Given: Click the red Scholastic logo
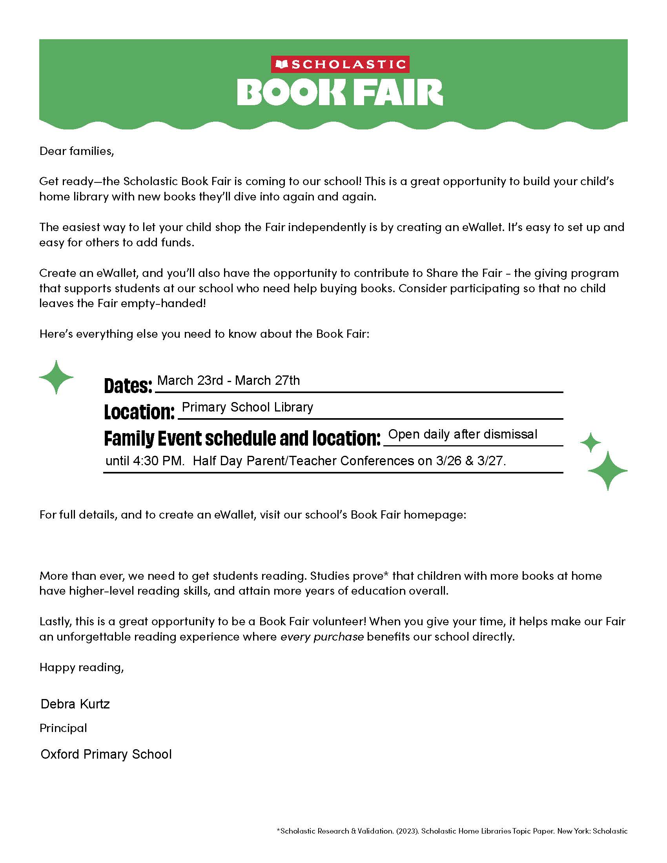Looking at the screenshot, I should pyautogui.click(x=340, y=64).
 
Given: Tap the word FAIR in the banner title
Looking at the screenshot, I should pyautogui.click(x=397, y=93).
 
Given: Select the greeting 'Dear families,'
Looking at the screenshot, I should pyautogui.click(x=77, y=151).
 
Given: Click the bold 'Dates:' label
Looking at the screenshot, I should pyautogui.click(x=128, y=386).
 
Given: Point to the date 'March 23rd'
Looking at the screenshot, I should pyautogui.click(x=190, y=381).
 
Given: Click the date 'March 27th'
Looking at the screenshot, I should pyautogui.click(x=268, y=381).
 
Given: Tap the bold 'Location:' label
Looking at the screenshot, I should pyautogui.click(x=139, y=412).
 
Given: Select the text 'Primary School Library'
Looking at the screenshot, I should pyautogui.click(x=247, y=407).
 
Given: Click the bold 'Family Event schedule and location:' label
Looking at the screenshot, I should pyautogui.click(x=242, y=439).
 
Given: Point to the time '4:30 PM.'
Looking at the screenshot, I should pyautogui.click(x=159, y=461).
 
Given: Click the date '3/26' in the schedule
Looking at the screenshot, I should pyautogui.click(x=448, y=461).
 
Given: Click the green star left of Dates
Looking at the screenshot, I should pyautogui.click(x=56, y=377).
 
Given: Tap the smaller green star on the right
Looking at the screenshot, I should pyautogui.click(x=590, y=442).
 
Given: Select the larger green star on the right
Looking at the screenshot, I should pyautogui.click(x=607, y=471).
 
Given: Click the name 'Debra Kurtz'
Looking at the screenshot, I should pyautogui.click(x=75, y=704).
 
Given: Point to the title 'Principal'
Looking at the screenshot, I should pyautogui.click(x=63, y=728).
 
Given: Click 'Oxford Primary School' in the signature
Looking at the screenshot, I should pyautogui.click(x=106, y=754).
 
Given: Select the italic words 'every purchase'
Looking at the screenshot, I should pyautogui.click(x=322, y=637).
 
